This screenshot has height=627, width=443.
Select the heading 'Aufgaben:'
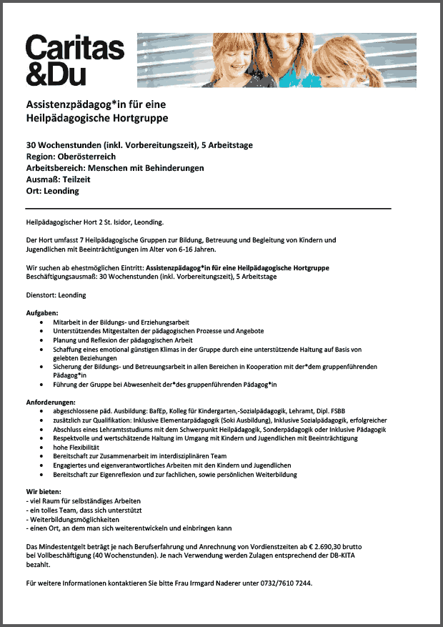(x=42, y=313)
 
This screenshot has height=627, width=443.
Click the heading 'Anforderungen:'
(x=51, y=402)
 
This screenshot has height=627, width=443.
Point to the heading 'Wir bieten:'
(x=44, y=492)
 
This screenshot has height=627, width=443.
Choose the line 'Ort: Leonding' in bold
(x=53, y=191)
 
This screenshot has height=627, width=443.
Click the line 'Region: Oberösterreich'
(x=71, y=157)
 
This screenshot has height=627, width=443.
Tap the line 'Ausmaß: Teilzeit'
(x=59, y=179)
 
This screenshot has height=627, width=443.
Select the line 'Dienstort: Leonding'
(x=56, y=295)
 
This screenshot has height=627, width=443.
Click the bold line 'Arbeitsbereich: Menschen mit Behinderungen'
(x=115, y=168)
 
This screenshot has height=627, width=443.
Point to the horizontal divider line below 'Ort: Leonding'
(x=209, y=208)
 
